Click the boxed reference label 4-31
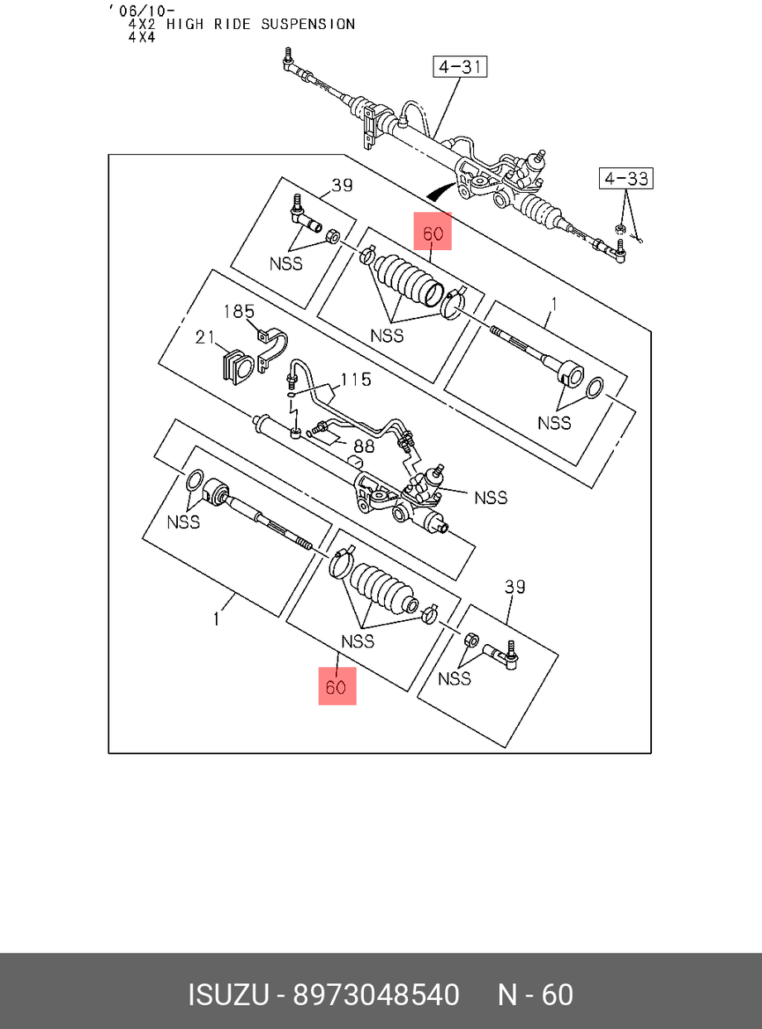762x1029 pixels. (460, 66)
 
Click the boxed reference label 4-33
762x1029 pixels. (626, 178)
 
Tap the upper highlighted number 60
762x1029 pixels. (434, 234)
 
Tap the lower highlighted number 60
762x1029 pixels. (337, 686)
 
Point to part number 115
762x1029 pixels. (356, 379)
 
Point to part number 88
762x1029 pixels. (363, 445)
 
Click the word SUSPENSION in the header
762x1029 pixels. (308, 24)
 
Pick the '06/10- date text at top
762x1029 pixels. (141, 10)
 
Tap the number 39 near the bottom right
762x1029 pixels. (515, 587)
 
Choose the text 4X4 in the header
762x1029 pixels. (141, 37)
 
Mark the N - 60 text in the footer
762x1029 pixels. (534, 994)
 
